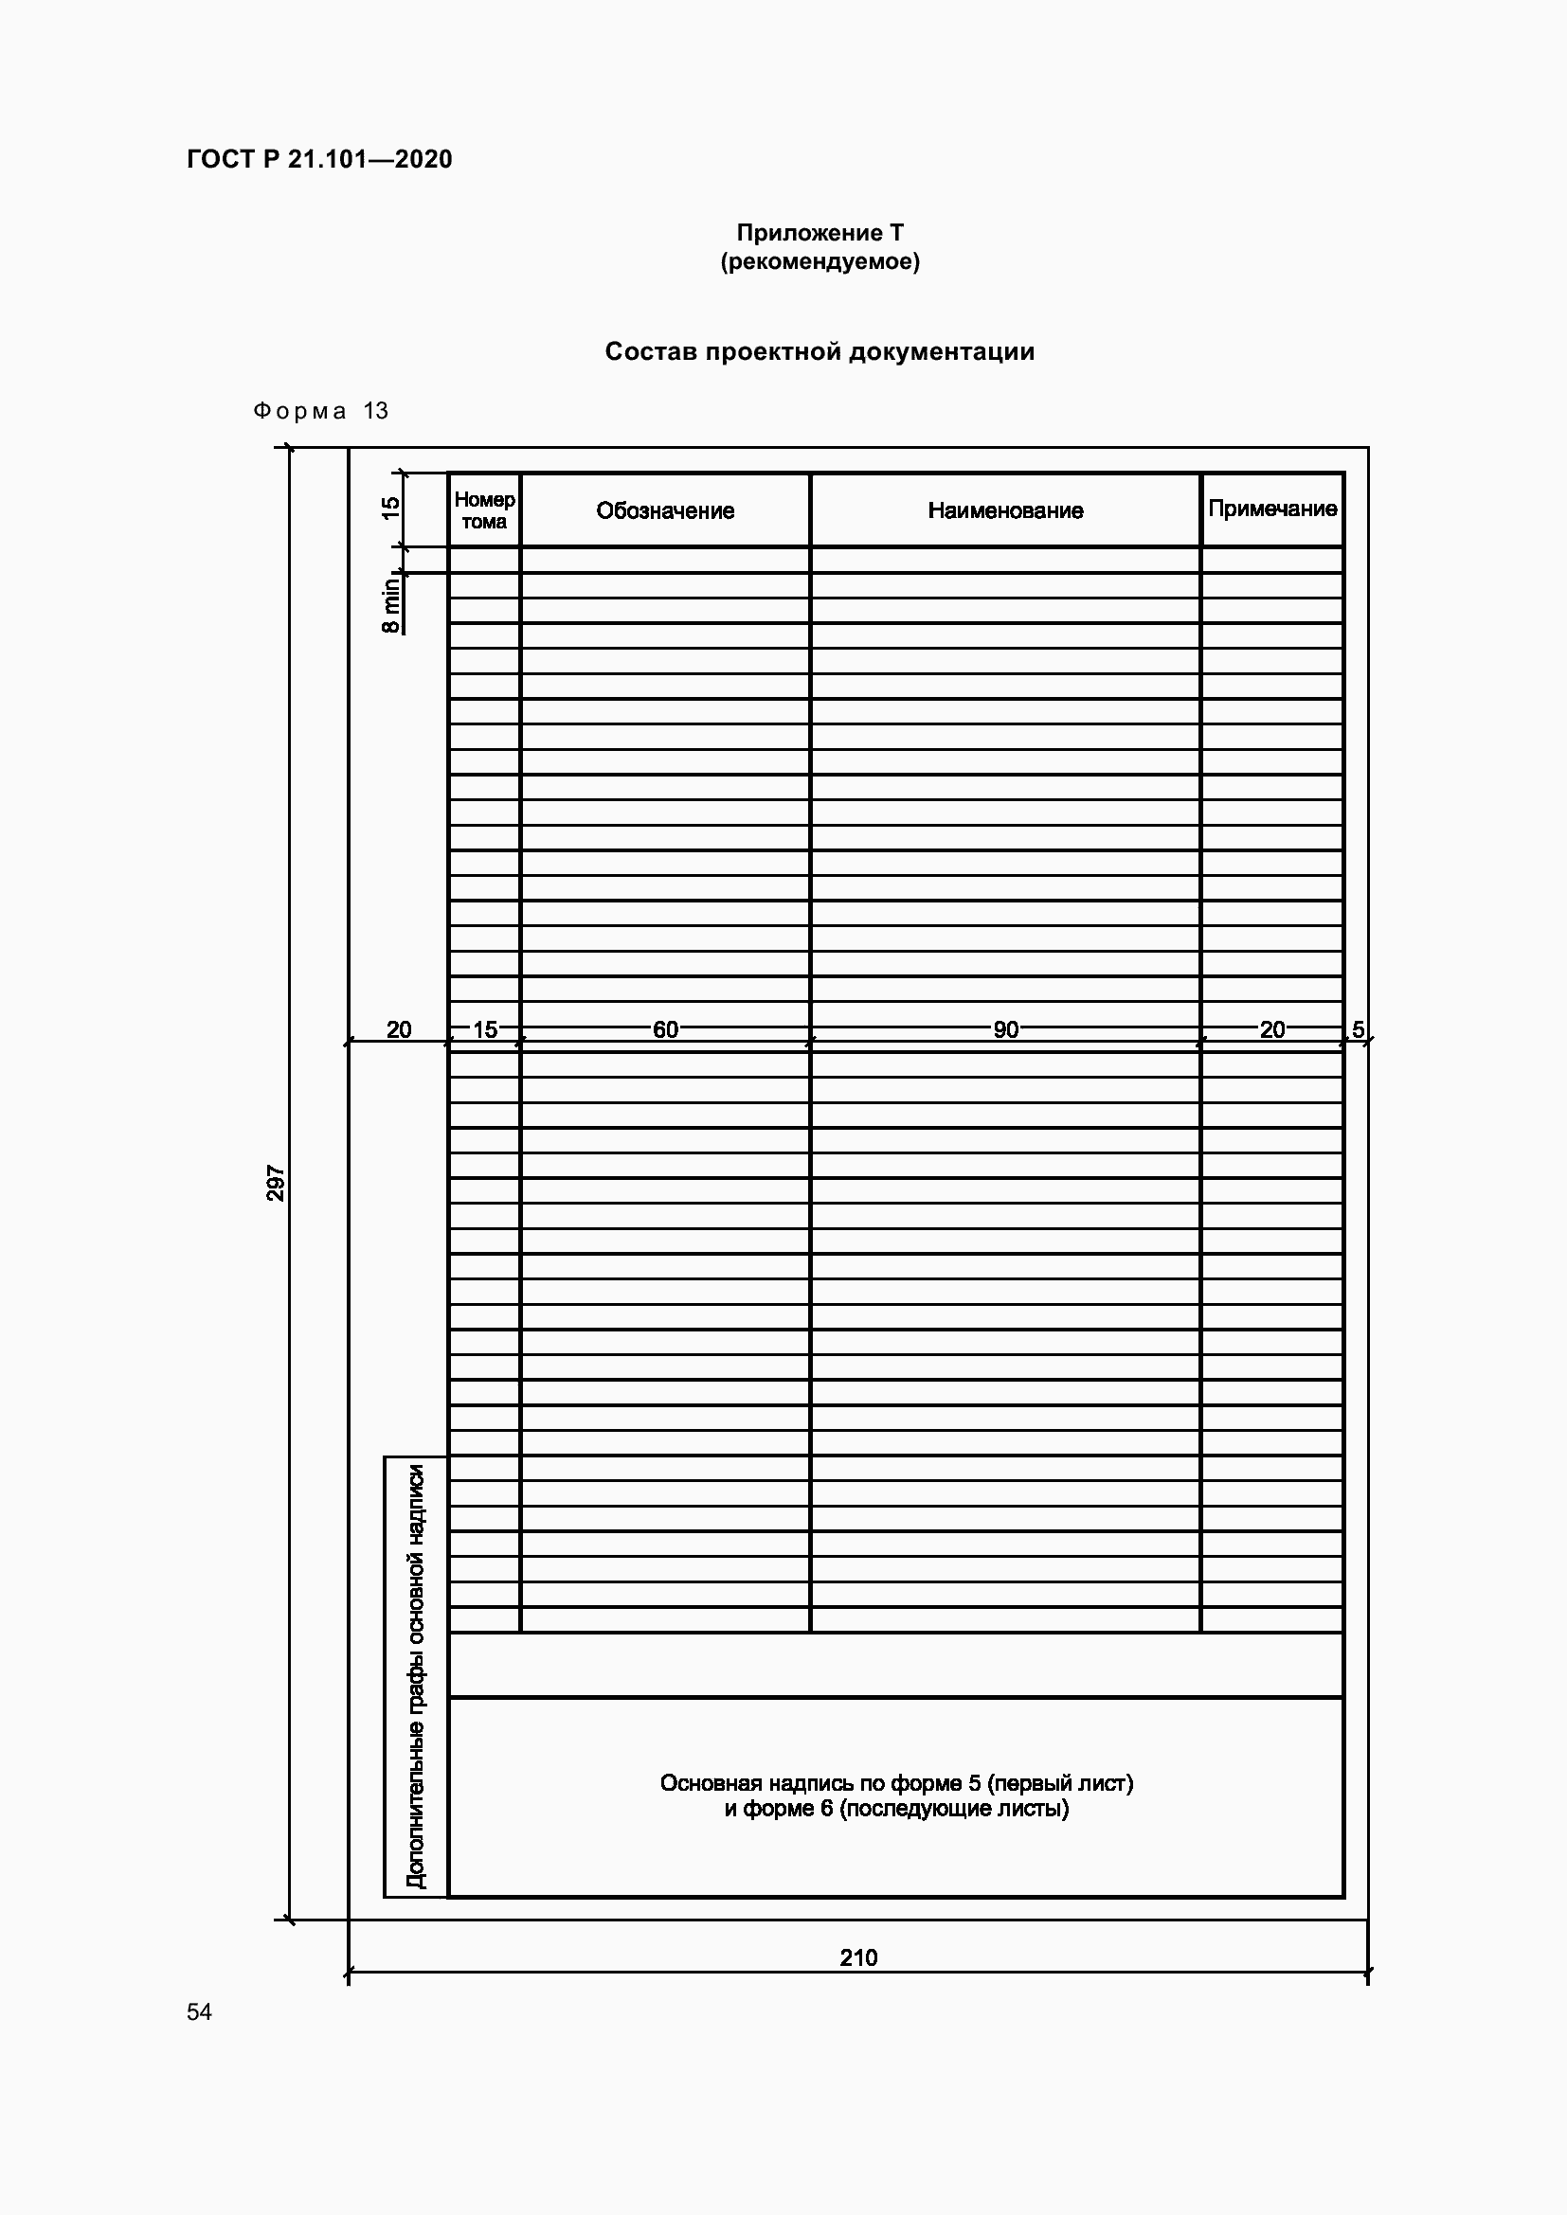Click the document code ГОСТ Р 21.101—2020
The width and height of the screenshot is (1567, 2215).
tap(319, 159)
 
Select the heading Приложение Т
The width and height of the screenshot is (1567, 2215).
tap(820, 233)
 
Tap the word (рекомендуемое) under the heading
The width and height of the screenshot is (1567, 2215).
tap(820, 261)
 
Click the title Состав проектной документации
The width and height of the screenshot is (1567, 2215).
tap(820, 352)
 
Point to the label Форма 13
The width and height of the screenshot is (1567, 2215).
tap(320, 411)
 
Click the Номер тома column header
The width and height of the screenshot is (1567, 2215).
tap(484, 510)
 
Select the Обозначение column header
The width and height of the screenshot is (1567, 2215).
tap(665, 511)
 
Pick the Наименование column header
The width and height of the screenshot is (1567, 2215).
tap(1005, 511)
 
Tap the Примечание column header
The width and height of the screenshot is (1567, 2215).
tap(1271, 509)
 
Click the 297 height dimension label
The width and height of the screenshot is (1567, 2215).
tap(276, 1184)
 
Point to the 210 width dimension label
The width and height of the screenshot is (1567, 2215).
tap(857, 1957)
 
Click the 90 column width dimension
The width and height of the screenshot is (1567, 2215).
tap(1005, 1030)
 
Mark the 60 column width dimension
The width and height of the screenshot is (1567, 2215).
tap(665, 1030)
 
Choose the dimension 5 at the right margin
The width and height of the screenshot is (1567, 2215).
tap(1358, 1030)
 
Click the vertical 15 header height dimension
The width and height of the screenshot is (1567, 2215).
tap(389, 509)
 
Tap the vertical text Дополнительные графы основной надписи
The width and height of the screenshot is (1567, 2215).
tap(416, 1677)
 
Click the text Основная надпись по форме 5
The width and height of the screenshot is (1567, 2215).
tap(896, 1784)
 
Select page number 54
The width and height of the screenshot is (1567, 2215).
tap(200, 2011)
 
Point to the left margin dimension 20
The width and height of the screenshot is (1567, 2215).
tap(399, 1030)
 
